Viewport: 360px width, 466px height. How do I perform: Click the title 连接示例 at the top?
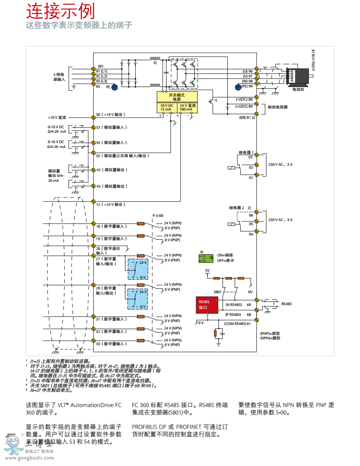[x=60, y=11]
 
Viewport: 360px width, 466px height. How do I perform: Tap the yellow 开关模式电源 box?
[x=177, y=97]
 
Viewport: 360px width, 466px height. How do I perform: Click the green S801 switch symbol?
[x=206, y=258]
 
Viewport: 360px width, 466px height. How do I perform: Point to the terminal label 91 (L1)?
[x=101, y=71]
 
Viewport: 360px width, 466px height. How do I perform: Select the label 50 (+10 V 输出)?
[x=111, y=114]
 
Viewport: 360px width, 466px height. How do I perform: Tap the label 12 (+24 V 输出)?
[x=110, y=205]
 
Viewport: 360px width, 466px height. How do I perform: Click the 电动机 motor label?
[x=298, y=89]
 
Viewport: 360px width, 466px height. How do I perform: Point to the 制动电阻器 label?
[x=278, y=107]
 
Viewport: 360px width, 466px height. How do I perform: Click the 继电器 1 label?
[x=246, y=153]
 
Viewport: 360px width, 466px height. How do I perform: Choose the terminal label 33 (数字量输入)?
[x=111, y=344]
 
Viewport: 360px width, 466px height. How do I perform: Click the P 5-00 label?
[x=158, y=216]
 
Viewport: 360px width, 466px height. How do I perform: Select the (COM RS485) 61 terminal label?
[x=238, y=323]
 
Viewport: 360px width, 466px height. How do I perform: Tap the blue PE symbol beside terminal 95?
[x=115, y=87]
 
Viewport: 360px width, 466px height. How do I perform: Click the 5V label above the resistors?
[x=207, y=271]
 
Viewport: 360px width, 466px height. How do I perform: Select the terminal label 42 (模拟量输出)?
[x=111, y=170]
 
